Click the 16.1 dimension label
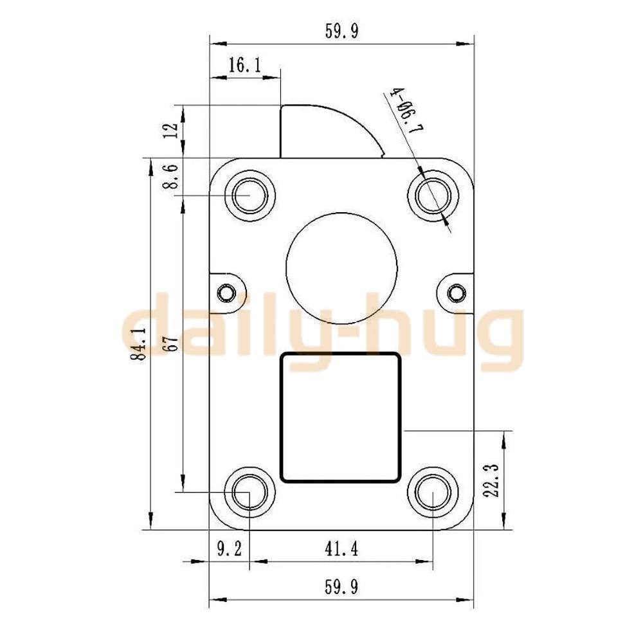(244, 65)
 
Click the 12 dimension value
(171, 131)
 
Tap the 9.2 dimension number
(230, 548)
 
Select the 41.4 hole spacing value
(341, 548)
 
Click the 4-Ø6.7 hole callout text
(408, 110)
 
